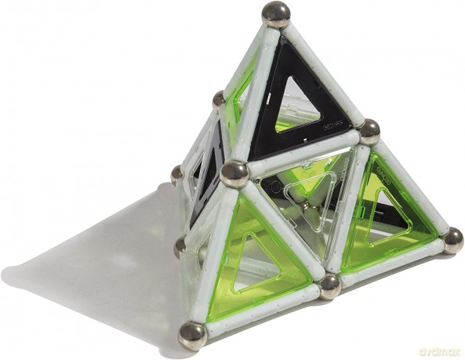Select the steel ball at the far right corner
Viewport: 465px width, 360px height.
452,239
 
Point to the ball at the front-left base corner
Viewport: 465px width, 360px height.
191,335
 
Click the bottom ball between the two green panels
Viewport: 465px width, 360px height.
329,285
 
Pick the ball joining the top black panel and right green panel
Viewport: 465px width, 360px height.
368,131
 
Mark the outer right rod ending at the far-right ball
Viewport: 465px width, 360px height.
411,186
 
